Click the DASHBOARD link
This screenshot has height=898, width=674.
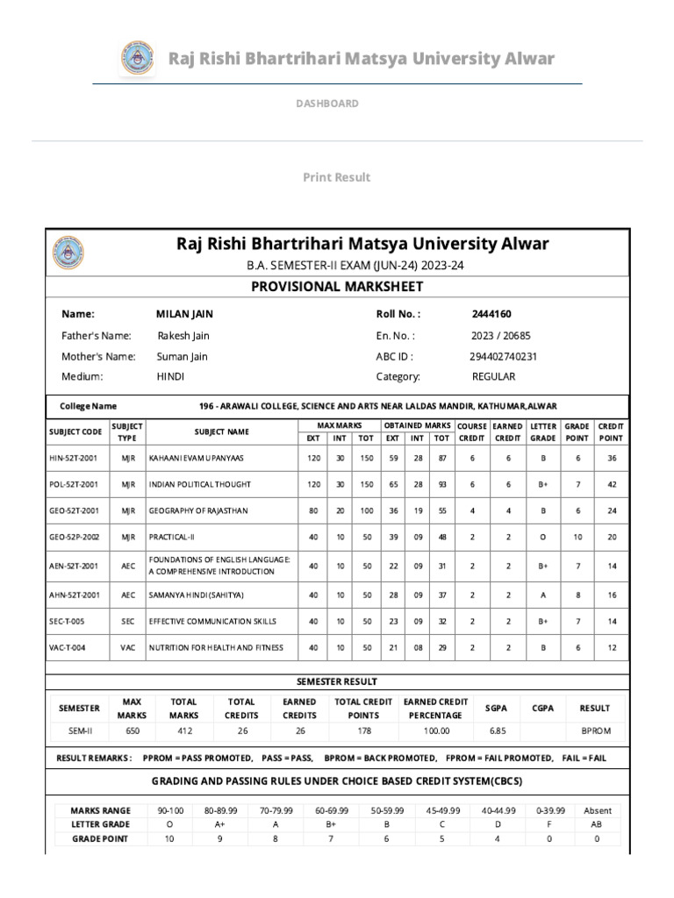[x=326, y=103]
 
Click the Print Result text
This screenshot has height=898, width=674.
[x=337, y=177]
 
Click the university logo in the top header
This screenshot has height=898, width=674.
[x=136, y=60]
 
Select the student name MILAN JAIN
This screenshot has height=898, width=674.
[x=184, y=314]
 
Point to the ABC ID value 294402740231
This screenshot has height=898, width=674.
[x=503, y=356]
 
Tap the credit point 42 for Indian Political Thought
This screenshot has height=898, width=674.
[x=611, y=484]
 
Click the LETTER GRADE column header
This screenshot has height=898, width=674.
[x=543, y=431]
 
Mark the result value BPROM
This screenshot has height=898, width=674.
[x=596, y=731]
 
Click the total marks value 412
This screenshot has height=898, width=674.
[x=185, y=731]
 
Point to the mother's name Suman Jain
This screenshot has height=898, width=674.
[x=183, y=356]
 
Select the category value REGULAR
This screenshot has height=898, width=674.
[x=493, y=376]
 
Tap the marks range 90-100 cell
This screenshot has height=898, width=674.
[x=170, y=810]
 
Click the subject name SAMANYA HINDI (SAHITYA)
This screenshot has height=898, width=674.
[x=196, y=595]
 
